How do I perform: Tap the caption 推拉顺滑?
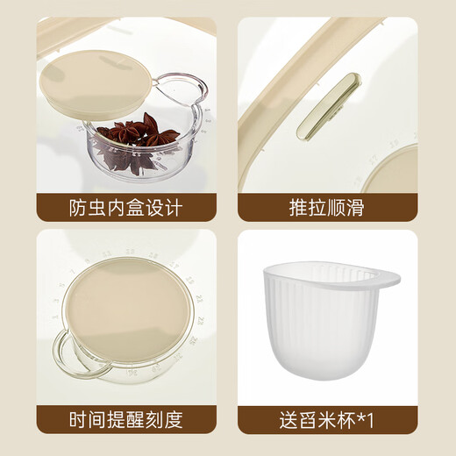click(x=328, y=209)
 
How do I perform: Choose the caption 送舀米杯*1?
click(x=328, y=420)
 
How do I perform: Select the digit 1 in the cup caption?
click(x=372, y=420)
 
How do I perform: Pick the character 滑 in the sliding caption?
click(x=360, y=209)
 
